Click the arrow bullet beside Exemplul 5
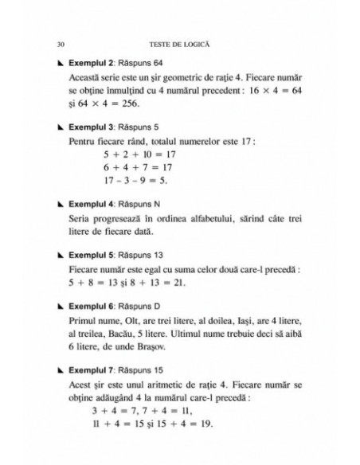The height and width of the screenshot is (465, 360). (61, 256)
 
